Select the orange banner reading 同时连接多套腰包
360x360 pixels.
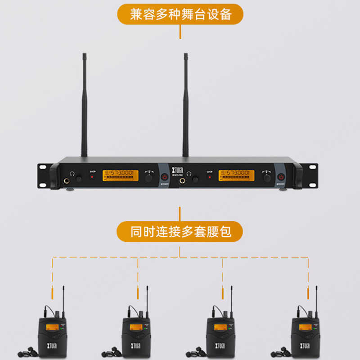(x=180, y=232)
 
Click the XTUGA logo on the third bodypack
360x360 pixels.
(x=220, y=346)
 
